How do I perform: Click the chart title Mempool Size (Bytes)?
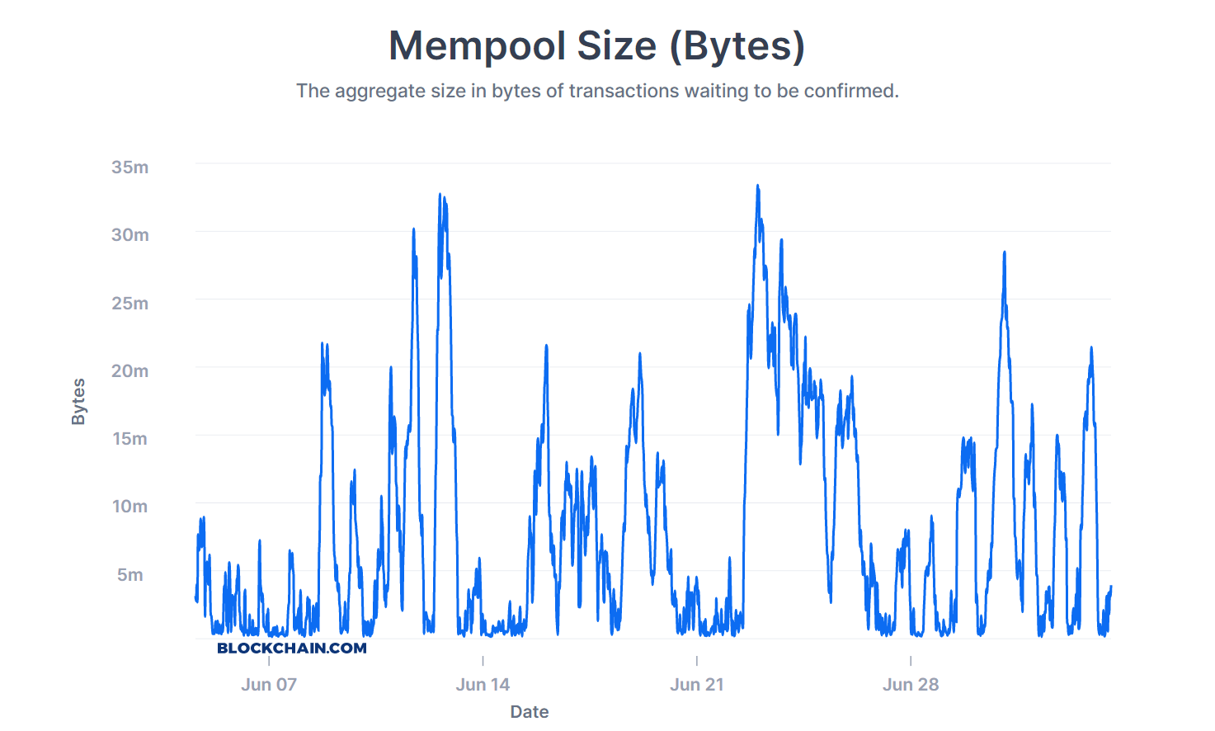(596, 46)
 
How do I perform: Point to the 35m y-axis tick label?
(130, 167)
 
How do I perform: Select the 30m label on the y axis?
(130, 235)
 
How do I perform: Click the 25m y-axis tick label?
(130, 304)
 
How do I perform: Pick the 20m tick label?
(130, 371)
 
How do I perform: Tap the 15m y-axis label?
(130, 439)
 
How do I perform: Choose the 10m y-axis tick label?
(130, 507)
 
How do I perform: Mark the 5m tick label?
(130, 575)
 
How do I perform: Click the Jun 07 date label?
(269, 685)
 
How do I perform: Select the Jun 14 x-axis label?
(483, 685)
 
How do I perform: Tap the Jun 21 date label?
(697, 685)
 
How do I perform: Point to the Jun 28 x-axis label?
(911, 685)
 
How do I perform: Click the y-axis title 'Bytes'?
(78, 402)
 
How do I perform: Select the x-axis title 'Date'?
(530, 712)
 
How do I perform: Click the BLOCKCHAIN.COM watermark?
(292, 648)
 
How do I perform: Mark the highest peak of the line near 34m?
(757, 186)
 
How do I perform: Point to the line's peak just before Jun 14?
(440, 196)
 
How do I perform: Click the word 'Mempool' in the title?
(478, 46)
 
